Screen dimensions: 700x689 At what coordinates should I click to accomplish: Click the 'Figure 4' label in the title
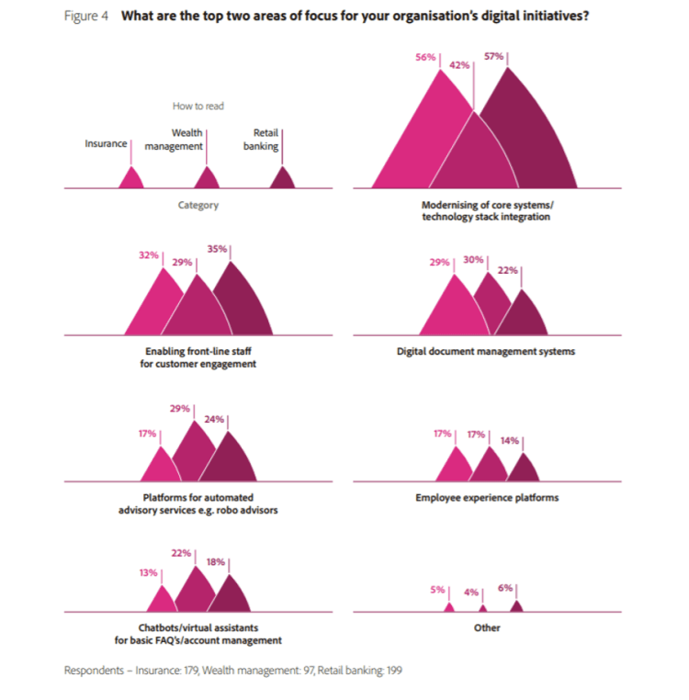85,17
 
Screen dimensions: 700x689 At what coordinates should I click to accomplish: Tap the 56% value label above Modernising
424,57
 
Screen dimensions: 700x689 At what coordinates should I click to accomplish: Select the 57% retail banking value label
493,57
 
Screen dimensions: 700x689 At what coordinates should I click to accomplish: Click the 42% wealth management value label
459,65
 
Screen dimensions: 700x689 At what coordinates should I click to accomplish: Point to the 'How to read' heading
198,107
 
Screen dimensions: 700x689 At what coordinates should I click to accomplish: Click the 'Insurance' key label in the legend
106,143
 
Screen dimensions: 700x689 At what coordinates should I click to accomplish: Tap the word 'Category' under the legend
198,205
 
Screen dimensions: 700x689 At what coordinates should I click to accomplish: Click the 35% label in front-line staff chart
217,249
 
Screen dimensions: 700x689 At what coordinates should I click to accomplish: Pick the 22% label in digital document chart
508,270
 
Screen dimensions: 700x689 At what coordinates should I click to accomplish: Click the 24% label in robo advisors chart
214,421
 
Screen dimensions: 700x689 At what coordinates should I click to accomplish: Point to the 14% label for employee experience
510,440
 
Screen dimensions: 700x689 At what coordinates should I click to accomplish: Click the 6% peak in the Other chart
516,605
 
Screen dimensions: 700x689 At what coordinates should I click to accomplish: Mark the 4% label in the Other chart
471,593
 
